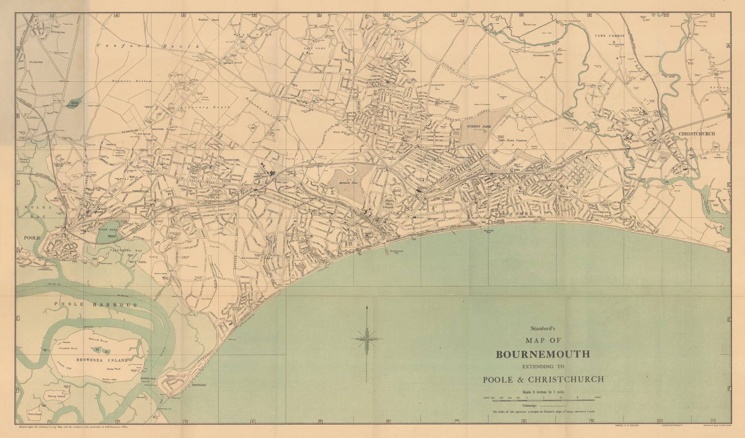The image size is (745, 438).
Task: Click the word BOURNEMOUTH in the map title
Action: [543, 354]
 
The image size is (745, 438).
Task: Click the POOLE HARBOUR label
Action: [95, 305]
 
